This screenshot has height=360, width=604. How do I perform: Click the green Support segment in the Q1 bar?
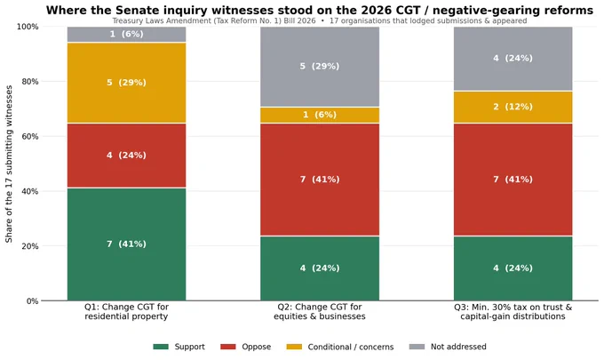pos(126,244)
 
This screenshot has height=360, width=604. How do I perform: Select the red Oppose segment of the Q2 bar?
pos(320,180)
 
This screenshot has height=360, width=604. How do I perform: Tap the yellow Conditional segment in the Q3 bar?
pos(513,108)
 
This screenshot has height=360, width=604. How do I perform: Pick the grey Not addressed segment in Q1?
pos(126,35)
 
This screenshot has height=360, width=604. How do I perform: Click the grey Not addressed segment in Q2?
pos(320,67)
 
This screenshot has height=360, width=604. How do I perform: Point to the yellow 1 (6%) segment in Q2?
pos(320,116)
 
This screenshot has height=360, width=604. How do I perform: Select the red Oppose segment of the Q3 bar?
pos(513,180)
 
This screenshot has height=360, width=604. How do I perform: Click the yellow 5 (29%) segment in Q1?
pos(126,83)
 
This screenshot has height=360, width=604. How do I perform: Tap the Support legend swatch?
pos(161,347)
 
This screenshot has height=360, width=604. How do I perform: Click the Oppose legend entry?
pos(245,347)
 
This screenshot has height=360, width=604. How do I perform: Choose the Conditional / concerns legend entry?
pos(340,347)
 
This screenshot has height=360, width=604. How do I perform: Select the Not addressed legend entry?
pos(448,347)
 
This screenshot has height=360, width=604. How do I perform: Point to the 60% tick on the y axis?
pos(30,137)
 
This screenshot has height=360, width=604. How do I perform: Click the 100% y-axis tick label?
pos(28,27)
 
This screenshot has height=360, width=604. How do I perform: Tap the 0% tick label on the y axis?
pos(32,301)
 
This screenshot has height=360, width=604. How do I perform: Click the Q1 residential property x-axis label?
pos(126,312)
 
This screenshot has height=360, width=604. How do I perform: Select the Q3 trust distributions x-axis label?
pos(513,312)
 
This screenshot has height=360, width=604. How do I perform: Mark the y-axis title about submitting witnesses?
pos(9,164)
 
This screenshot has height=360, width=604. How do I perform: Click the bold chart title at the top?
pos(320,10)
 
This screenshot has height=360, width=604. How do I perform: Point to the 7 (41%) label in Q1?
pos(126,244)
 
